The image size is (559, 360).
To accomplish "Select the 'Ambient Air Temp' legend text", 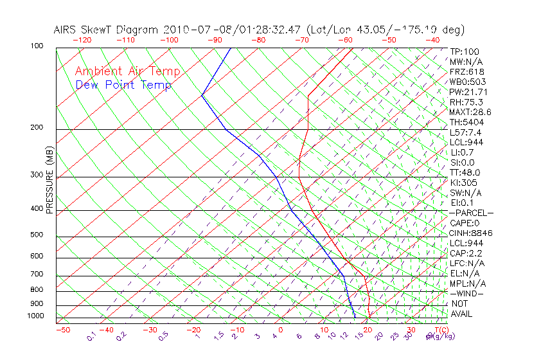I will pos(127,71).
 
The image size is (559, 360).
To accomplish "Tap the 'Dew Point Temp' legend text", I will pos(123,85).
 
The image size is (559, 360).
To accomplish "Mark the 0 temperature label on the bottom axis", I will pos(281,330).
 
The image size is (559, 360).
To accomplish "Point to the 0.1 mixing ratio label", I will pos(91,336).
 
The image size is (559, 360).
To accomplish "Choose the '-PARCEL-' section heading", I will pos(471,213).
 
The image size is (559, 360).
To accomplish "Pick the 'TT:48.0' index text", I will pos(465,172).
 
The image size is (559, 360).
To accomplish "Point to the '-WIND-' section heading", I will pos(467,293).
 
